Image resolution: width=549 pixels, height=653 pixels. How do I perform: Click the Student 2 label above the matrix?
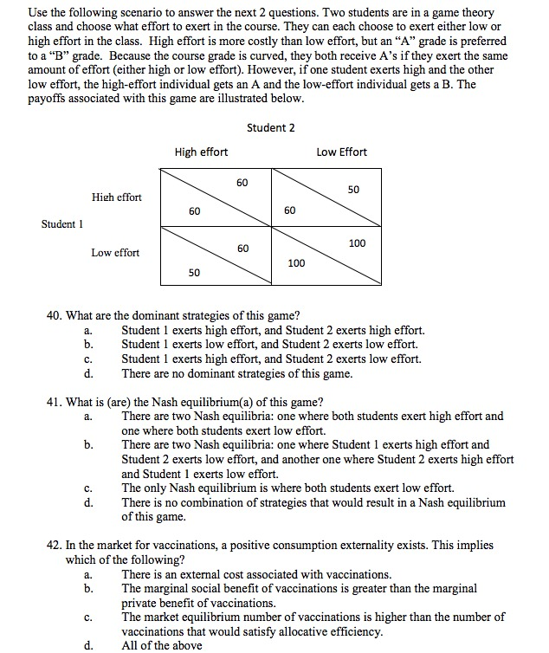[270, 128]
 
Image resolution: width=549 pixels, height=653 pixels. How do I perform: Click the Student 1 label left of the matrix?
[62, 225]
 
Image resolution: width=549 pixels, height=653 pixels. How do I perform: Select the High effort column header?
[201, 152]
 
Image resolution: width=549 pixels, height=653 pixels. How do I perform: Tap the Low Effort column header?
[341, 152]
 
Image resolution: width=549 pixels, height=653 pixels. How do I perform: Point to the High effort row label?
[116, 197]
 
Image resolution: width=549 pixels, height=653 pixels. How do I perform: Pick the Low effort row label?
[115, 253]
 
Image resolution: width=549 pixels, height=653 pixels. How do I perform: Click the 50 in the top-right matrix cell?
[354, 189]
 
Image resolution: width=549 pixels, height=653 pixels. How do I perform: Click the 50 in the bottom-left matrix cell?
[194, 273]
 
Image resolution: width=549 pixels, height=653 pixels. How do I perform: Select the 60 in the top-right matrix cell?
[289, 210]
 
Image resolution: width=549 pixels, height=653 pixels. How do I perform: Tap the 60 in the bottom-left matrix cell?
[242, 249]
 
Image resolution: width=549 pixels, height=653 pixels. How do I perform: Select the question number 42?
[53, 546]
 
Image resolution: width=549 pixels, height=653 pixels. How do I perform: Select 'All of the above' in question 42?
[161, 645]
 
